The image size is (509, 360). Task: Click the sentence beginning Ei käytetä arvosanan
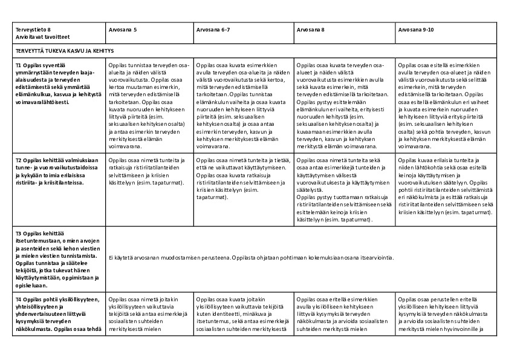coord(251,258)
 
